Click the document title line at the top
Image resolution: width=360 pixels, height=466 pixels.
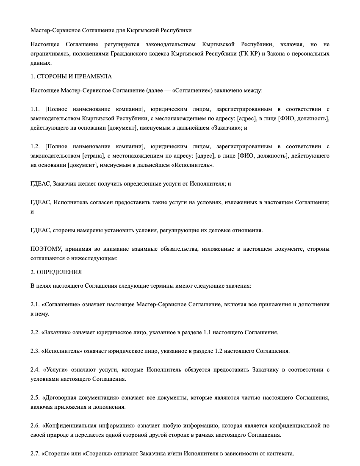(111, 31)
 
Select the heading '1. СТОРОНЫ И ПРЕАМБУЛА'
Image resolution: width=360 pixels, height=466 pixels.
(71, 77)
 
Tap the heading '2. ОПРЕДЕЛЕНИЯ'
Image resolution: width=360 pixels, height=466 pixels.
(56, 272)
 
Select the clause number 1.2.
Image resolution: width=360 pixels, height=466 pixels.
(35, 147)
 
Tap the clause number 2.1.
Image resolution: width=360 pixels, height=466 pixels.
(35, 305)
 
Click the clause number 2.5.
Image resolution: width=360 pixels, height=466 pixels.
(35, 398)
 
